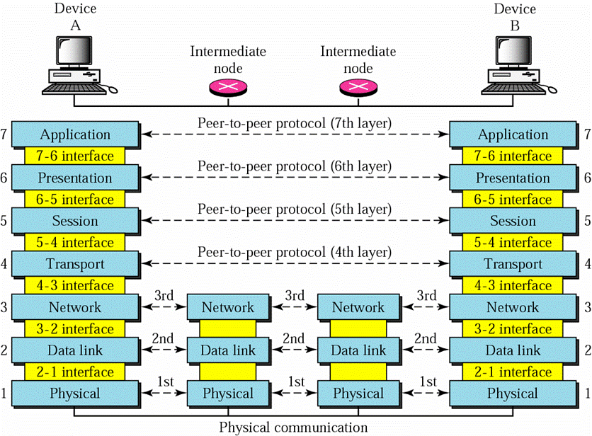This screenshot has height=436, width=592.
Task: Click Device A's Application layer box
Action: point(75,134)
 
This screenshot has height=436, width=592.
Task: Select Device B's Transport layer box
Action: point(513,264)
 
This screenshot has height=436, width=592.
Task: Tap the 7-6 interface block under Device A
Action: point(75,156)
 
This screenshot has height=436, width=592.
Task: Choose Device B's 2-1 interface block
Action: point(513,372)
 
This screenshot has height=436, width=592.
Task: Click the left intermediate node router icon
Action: point(228,87)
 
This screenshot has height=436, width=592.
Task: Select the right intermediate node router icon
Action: point(358,87)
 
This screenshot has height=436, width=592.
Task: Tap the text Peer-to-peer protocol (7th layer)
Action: point(294,123)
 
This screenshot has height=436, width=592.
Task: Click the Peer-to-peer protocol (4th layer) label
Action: point(294,253)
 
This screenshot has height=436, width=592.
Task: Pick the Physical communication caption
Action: point(293,427)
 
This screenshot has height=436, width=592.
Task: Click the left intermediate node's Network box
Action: point(228,307)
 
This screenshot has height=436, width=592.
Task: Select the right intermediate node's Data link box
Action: point(358,350)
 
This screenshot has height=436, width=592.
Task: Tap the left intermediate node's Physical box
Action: point(228,393)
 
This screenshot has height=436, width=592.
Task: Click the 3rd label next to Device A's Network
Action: point(162,295)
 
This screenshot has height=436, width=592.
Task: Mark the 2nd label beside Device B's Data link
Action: point(425,338)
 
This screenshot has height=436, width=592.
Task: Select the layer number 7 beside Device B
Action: point(586,134)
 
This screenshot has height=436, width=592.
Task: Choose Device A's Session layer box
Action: point(75,221)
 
